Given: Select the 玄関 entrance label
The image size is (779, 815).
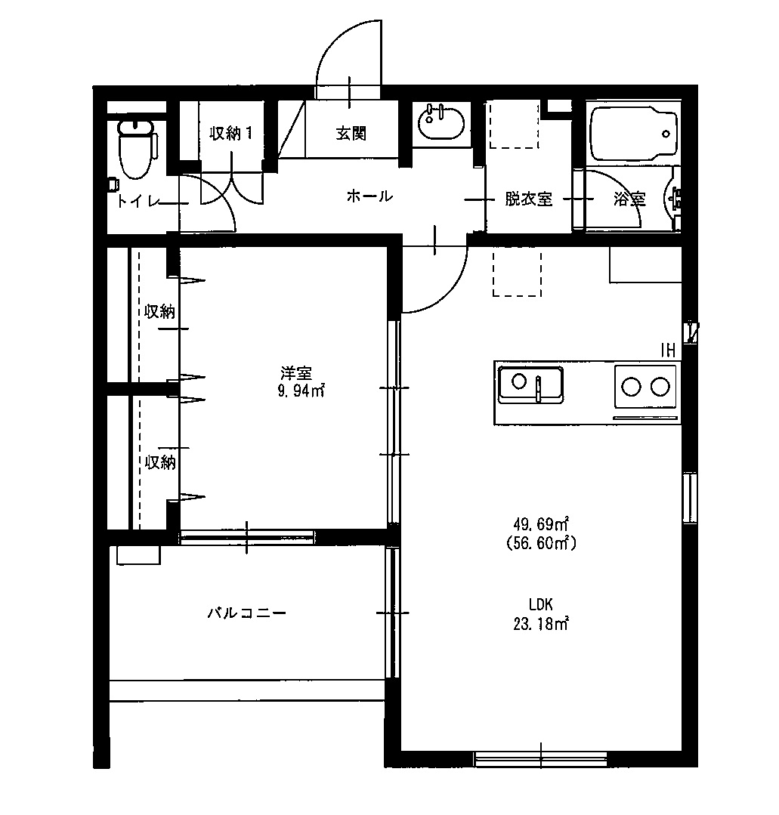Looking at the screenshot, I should point(351,134).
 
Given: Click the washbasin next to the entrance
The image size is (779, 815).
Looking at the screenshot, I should point(441,123).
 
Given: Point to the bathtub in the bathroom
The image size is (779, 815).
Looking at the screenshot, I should point(633,133).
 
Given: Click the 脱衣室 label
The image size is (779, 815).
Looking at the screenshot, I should point(528,199).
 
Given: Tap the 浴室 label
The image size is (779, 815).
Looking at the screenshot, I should point(629,199).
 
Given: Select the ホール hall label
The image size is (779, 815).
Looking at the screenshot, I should point(369,197).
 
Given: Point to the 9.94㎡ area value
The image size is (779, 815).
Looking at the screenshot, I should point(301,391).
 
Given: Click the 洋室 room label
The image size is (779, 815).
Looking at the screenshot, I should point(296,373).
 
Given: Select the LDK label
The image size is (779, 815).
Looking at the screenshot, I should point(542,604).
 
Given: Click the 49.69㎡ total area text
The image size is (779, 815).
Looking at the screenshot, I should point(541,524).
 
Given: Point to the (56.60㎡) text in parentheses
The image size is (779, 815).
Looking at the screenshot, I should point(540,542).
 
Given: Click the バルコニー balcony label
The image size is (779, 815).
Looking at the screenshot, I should point(247,613).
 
